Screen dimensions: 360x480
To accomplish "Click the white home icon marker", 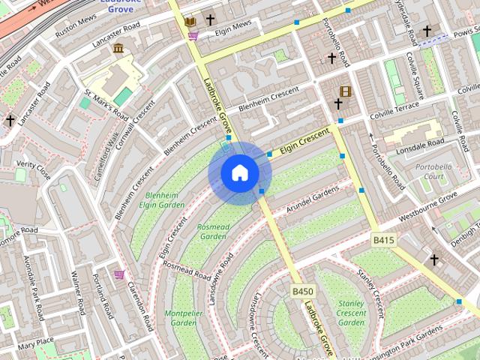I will (239, 173).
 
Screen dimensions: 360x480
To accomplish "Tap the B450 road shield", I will (302, 291).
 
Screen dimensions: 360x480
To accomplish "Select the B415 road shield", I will (383, 240).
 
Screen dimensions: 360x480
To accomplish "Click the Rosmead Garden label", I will (212, 231).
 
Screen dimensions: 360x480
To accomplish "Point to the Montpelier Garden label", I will (184, 317).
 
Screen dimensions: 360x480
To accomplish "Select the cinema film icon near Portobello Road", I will (345, 92).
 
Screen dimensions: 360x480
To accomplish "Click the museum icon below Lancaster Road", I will (118, 49).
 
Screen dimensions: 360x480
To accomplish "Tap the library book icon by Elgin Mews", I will (190, 21).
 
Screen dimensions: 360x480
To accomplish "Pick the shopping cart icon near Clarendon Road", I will (119, 274).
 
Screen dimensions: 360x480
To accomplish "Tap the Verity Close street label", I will (34, 170).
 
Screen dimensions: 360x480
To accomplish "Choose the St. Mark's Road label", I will (106, 104).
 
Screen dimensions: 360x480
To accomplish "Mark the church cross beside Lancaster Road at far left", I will (10, 120).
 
